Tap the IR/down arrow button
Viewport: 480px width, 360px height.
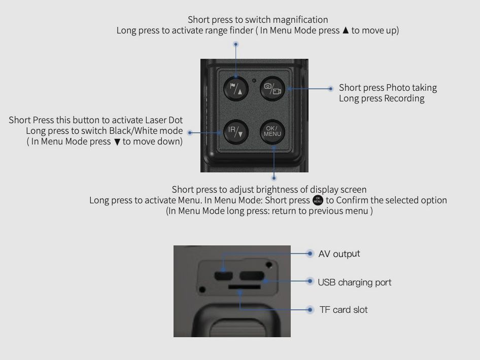pos(235,132)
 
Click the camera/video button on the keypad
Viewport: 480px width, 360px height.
pos(272,88)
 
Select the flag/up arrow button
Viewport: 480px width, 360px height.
pos(235,88)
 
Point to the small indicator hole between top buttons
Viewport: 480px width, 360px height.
pos(254,81)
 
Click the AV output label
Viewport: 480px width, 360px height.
pos(339,254)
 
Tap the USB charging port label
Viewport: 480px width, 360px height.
pos(355,282)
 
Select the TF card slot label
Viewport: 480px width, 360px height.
pos(344,309)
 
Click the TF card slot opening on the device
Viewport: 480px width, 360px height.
pos(244,287)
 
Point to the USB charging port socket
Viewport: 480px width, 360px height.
pos(252,276)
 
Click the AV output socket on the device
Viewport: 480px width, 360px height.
pos(223,276)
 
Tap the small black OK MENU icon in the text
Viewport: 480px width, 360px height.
pos(318,200)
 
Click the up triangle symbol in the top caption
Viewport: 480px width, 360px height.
pos(346,30)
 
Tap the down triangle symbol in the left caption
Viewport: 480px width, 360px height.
pos(117,142)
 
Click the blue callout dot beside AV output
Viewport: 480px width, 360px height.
pos(310,253)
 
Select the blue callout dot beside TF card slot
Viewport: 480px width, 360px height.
pos(310,309)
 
